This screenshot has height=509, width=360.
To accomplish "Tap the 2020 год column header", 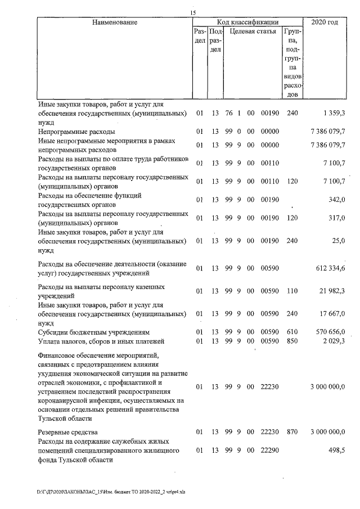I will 328,22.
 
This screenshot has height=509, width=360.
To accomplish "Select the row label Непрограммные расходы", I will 69,130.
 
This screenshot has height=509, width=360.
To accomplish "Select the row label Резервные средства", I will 67,432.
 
